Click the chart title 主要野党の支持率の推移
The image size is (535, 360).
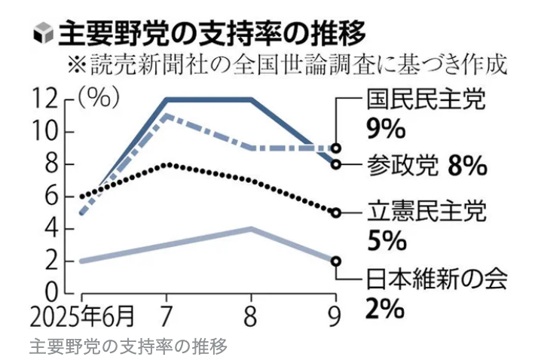click(x=212, y=32)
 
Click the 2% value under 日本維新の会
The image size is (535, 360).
click(x=387, y=308)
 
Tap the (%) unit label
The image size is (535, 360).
click(x=96, y=96)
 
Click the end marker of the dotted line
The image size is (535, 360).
click(x=336, y=212)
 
